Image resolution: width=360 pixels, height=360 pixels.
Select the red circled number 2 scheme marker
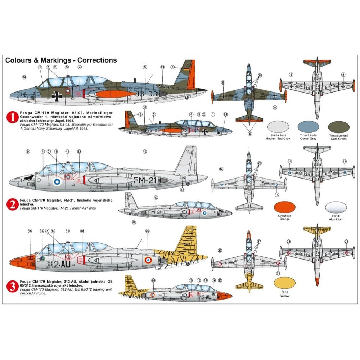(x=13, y=205)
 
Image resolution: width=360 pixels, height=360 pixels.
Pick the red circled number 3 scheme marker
(x=13, y=287)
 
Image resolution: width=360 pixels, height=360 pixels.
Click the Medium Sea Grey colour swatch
(x=278, y=127)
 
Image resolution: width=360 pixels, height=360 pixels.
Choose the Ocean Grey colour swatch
(x=308, y=127)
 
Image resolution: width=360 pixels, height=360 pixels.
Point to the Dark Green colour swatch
(x=339, y=127)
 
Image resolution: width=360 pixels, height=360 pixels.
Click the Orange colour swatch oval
(x=284, y=208)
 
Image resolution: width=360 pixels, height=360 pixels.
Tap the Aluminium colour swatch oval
(x=336, y=208)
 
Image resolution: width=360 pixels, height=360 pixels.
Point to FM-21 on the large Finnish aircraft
(x=145, y=180)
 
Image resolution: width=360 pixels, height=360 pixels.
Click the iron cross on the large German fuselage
(x=57, y=95)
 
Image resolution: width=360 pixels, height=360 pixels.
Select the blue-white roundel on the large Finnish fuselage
(x=57, y=182)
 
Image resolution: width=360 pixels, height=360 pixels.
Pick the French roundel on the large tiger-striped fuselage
(x=148, y=260)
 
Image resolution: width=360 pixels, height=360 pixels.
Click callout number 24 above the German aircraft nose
(x=24, y=77)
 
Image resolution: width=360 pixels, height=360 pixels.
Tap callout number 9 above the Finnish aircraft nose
(x=28, y=152)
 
